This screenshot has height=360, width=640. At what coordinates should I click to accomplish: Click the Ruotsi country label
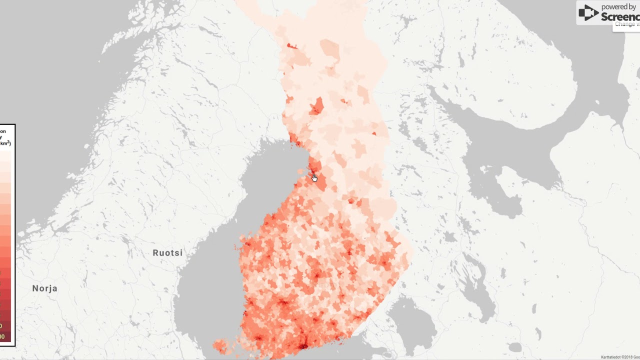point(167,253)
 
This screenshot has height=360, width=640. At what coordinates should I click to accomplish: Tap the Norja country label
point(44,288)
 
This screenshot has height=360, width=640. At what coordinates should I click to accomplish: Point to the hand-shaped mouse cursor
point(314,178)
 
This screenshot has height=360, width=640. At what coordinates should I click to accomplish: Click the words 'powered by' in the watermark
point(618,7)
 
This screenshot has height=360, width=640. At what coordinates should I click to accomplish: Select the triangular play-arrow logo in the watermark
point(588,13)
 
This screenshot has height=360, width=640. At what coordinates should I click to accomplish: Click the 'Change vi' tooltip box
point(626,25)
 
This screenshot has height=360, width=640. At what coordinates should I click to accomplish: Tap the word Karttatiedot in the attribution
point(611,357)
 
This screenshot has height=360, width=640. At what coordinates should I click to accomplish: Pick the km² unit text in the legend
point(5,143)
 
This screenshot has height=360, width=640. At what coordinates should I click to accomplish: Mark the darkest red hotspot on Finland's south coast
point(302,345)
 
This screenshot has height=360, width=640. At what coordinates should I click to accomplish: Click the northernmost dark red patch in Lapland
point(291,46)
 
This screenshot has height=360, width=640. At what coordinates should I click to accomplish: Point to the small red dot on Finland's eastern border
point(374,133)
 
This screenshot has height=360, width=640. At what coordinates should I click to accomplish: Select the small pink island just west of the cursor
point(300,171)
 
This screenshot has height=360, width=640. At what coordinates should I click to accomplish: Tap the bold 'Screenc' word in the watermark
point(620,16)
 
